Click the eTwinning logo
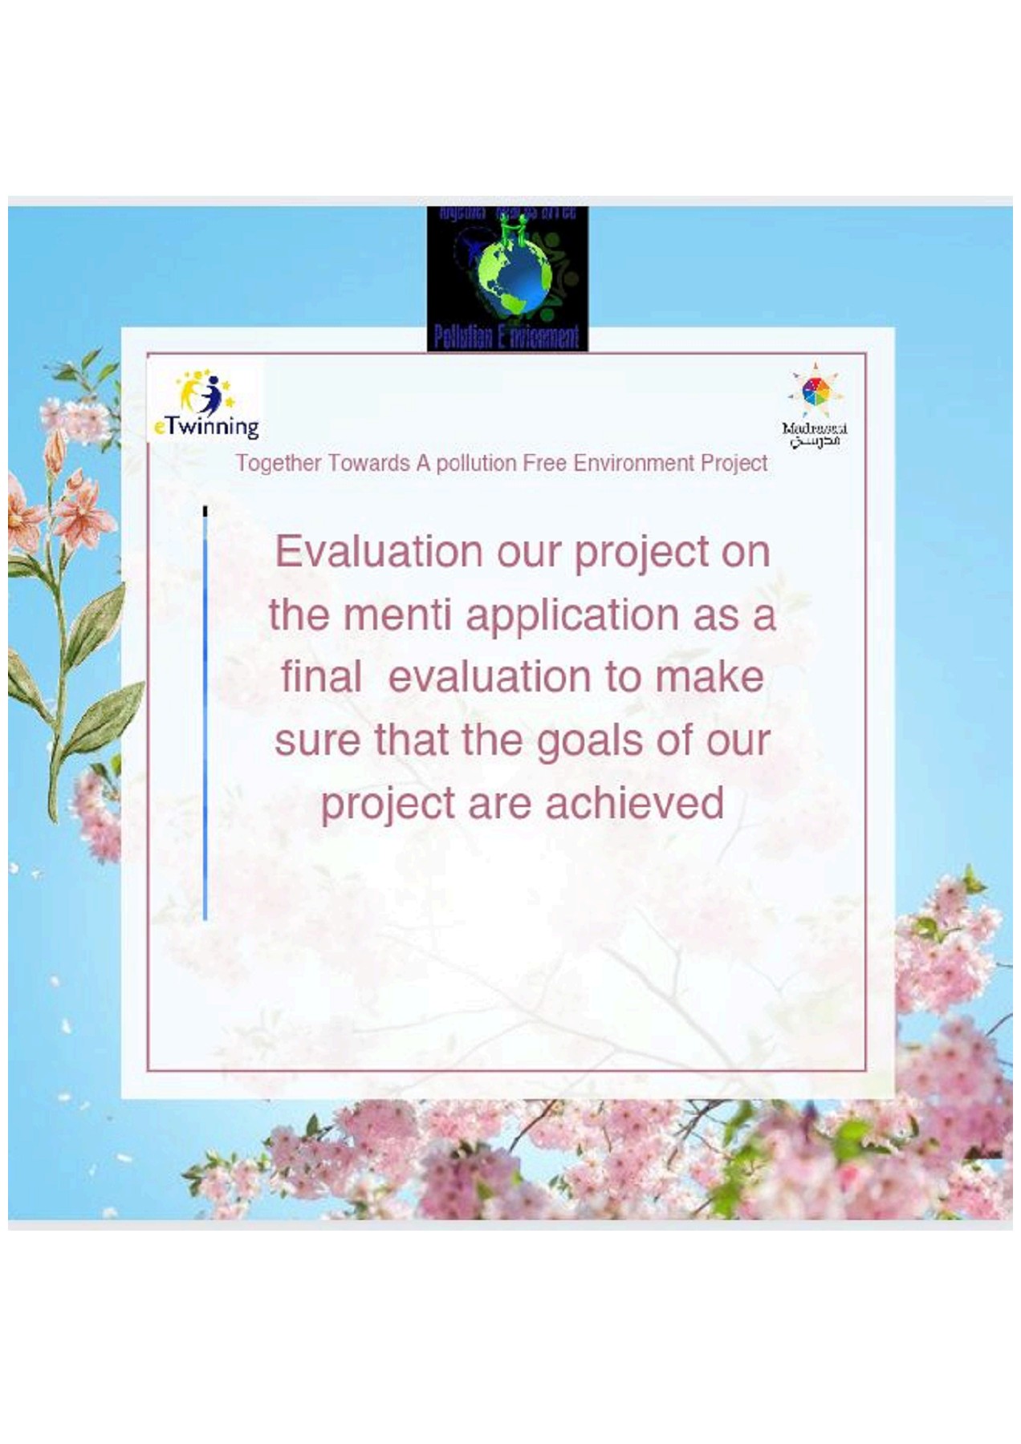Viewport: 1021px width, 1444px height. [206, 404]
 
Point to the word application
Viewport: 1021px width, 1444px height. [572, 615]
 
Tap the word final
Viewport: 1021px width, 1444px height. [320, 677]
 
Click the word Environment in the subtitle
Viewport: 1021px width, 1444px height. [633, 464]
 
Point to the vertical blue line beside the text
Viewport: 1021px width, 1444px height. [205, 714]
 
